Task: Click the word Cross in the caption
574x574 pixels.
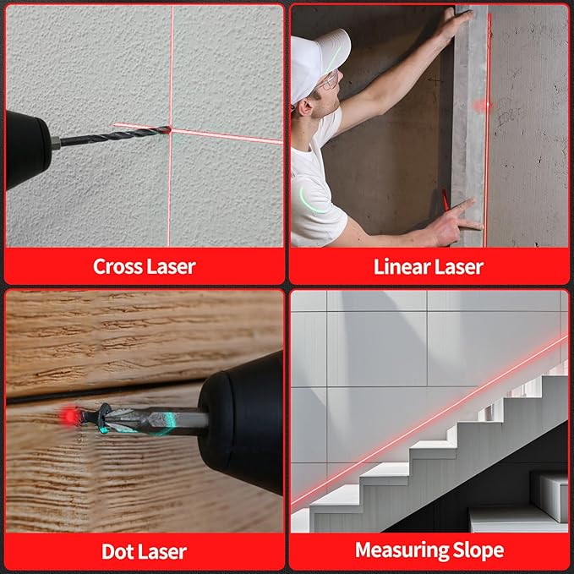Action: pos(117,267)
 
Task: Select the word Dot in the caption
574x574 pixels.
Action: pos(119,552)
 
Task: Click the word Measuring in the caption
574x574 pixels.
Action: pos(401,551)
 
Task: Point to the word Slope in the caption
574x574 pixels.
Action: pos(478,551)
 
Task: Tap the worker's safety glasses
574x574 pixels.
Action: pos(330,80)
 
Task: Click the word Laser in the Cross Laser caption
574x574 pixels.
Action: pos(172,267)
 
